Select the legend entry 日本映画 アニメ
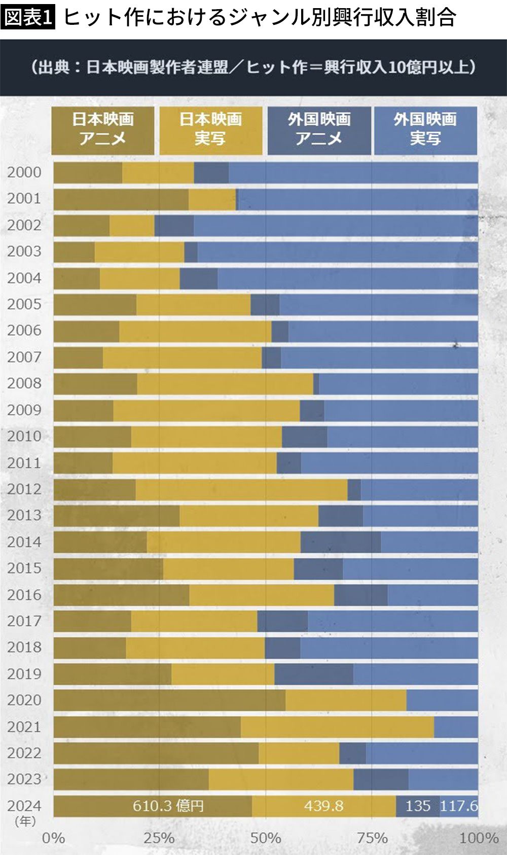pos(103,130)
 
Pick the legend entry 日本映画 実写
pos(210,130)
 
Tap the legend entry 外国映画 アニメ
pos(319,130)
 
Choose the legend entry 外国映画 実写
pos(425,130)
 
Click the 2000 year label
pos(24,172)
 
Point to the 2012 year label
pos(24,489)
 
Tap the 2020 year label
pos(24,700)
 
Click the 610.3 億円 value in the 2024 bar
pos(168,806)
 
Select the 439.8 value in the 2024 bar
pos(323,806)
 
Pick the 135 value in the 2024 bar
pos(418,806)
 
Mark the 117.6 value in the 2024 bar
pos(459,806)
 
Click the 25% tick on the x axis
pos(159,838)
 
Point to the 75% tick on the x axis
pos(372,838)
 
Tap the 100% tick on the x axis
pos(479,838)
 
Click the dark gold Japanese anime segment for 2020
pos(169,700)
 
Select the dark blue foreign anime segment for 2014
pos(341,542)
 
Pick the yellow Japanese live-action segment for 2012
pos(241,489)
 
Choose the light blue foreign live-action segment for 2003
pos(338,252)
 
